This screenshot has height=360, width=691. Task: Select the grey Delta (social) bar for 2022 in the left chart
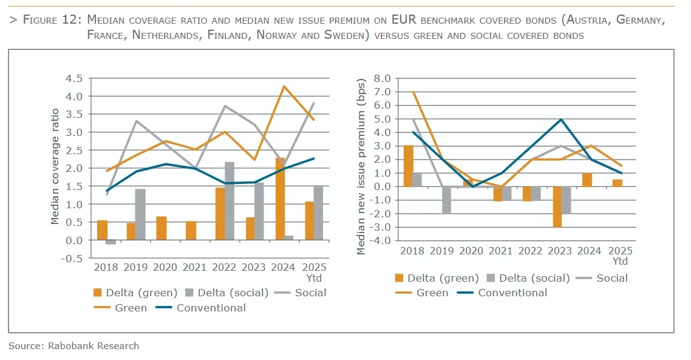[x=230, y=201]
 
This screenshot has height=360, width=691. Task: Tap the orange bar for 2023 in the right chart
[x=557, y=206]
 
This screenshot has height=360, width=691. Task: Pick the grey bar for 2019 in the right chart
[x=446, y=200]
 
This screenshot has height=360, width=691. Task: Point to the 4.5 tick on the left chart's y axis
[x=73, y=78]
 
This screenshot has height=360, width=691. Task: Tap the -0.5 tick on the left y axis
[x=71, y=259]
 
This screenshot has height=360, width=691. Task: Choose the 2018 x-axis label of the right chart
[x=412, y=251]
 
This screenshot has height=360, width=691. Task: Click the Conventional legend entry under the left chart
[x=211, y=308]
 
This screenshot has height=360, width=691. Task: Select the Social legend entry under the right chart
[x=611, y=278]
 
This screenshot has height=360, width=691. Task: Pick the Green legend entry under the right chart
[x=432, y=293]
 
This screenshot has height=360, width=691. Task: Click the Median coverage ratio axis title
[x=55, y=166]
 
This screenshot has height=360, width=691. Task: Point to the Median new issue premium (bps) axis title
[x=363, y=166]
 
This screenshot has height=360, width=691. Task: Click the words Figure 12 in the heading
[x=51, y=20]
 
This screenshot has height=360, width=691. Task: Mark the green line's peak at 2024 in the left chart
[x=283, y=86]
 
